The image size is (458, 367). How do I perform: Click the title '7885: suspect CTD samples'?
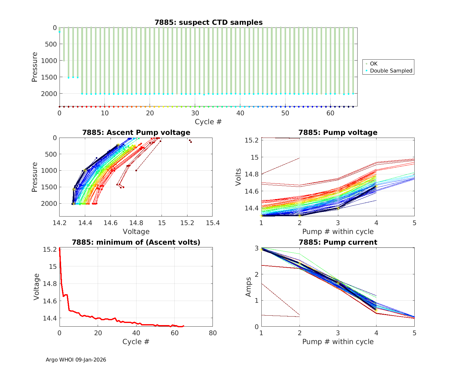[209, 22]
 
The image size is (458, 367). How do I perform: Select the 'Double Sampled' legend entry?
[391, 71]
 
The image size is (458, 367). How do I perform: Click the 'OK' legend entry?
[373, 64]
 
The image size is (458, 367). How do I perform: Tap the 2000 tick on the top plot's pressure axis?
[49, 94]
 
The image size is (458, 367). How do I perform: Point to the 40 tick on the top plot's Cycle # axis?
[240, 113]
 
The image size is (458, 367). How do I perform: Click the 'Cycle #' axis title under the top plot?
[208, 122]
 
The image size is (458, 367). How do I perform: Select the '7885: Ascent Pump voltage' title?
[136, 132]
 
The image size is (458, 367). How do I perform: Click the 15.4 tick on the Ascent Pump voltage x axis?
[213, 223]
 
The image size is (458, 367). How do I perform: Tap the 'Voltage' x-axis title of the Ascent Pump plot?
[136, 232]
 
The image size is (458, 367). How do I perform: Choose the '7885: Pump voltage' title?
[338, 132]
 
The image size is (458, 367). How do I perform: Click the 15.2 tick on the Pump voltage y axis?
[252, 140]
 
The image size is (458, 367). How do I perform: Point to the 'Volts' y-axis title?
[238, 177]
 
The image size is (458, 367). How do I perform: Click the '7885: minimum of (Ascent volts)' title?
[136, 242]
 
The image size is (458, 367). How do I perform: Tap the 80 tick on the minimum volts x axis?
[213, 333]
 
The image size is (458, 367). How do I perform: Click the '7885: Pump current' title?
[338, 242]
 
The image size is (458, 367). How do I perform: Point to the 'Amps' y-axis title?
[249, 287]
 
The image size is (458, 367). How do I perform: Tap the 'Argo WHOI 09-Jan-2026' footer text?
[76, 360]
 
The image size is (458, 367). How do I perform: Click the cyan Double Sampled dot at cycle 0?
[60, 32]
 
